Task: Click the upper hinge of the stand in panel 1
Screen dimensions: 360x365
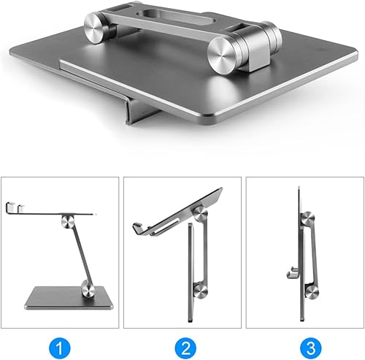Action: [68, 221]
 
